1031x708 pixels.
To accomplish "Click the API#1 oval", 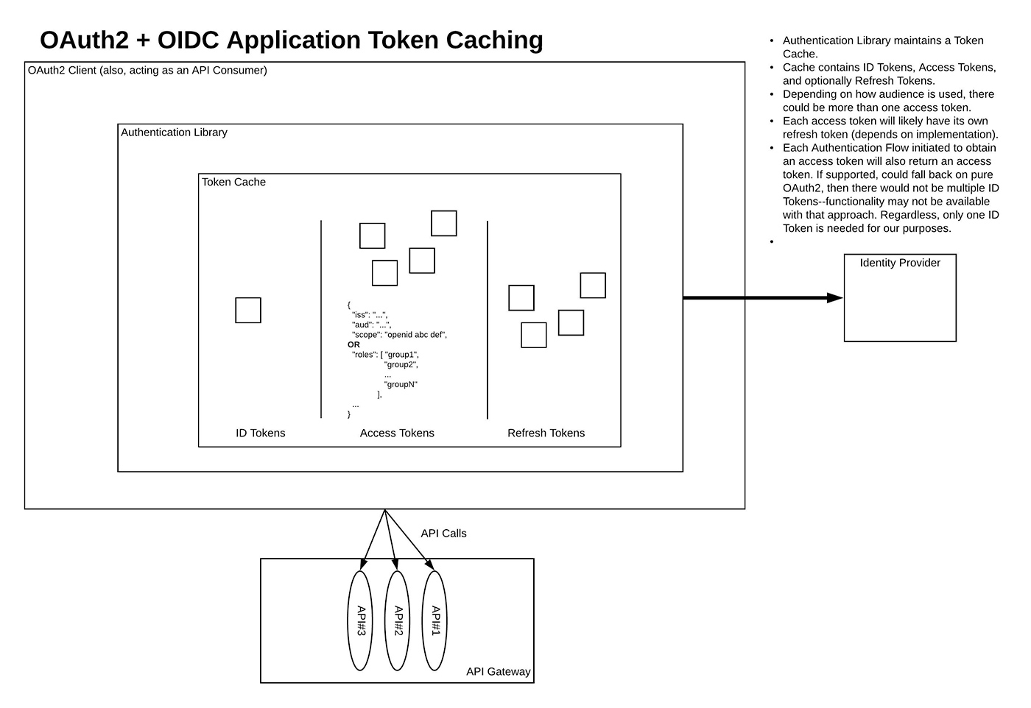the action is point(434,620).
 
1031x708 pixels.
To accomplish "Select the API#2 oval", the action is point(397,620).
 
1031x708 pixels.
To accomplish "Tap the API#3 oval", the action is point(360,620).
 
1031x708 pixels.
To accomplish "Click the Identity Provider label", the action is point(899,263).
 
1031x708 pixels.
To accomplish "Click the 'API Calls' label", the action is point(443,533).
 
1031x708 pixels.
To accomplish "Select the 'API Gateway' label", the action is point(498,672).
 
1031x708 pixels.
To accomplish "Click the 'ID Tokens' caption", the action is point(260,433).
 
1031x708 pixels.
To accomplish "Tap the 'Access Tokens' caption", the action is point(397,433).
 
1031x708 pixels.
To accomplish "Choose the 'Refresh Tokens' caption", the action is point(546,433).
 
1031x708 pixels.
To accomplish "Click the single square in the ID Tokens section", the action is point(248,310).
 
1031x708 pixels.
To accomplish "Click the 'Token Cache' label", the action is point(233,182).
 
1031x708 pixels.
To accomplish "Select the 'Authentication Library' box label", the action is point(174,132).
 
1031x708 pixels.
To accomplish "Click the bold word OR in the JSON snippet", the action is point(353,344).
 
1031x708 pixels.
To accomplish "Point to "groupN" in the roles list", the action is point(401,384).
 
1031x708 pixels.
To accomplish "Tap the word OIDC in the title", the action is point(188,40).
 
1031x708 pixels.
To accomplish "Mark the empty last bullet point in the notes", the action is point(772,241).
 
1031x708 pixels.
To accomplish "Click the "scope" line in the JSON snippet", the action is point(399,334).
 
